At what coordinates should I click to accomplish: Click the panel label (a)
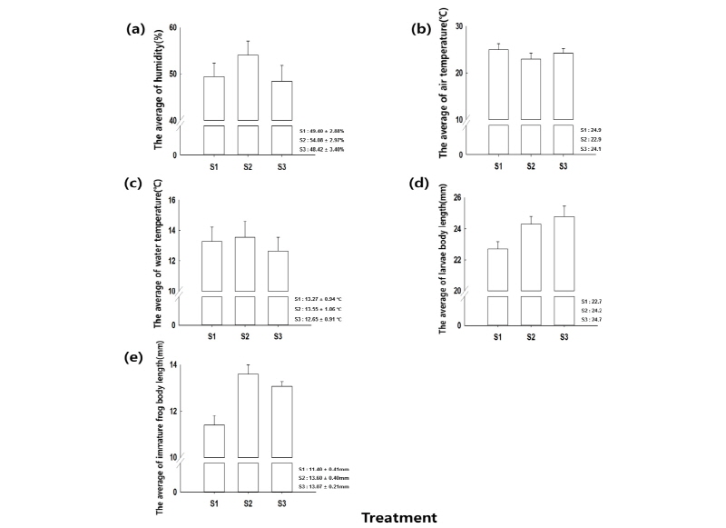coord(135,29)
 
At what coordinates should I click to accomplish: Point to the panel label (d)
coord(419,183)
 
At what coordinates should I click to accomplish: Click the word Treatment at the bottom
coord(399,518)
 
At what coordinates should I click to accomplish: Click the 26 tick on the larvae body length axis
coord(457,198)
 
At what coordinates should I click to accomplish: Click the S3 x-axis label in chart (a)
coord(280,166)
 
